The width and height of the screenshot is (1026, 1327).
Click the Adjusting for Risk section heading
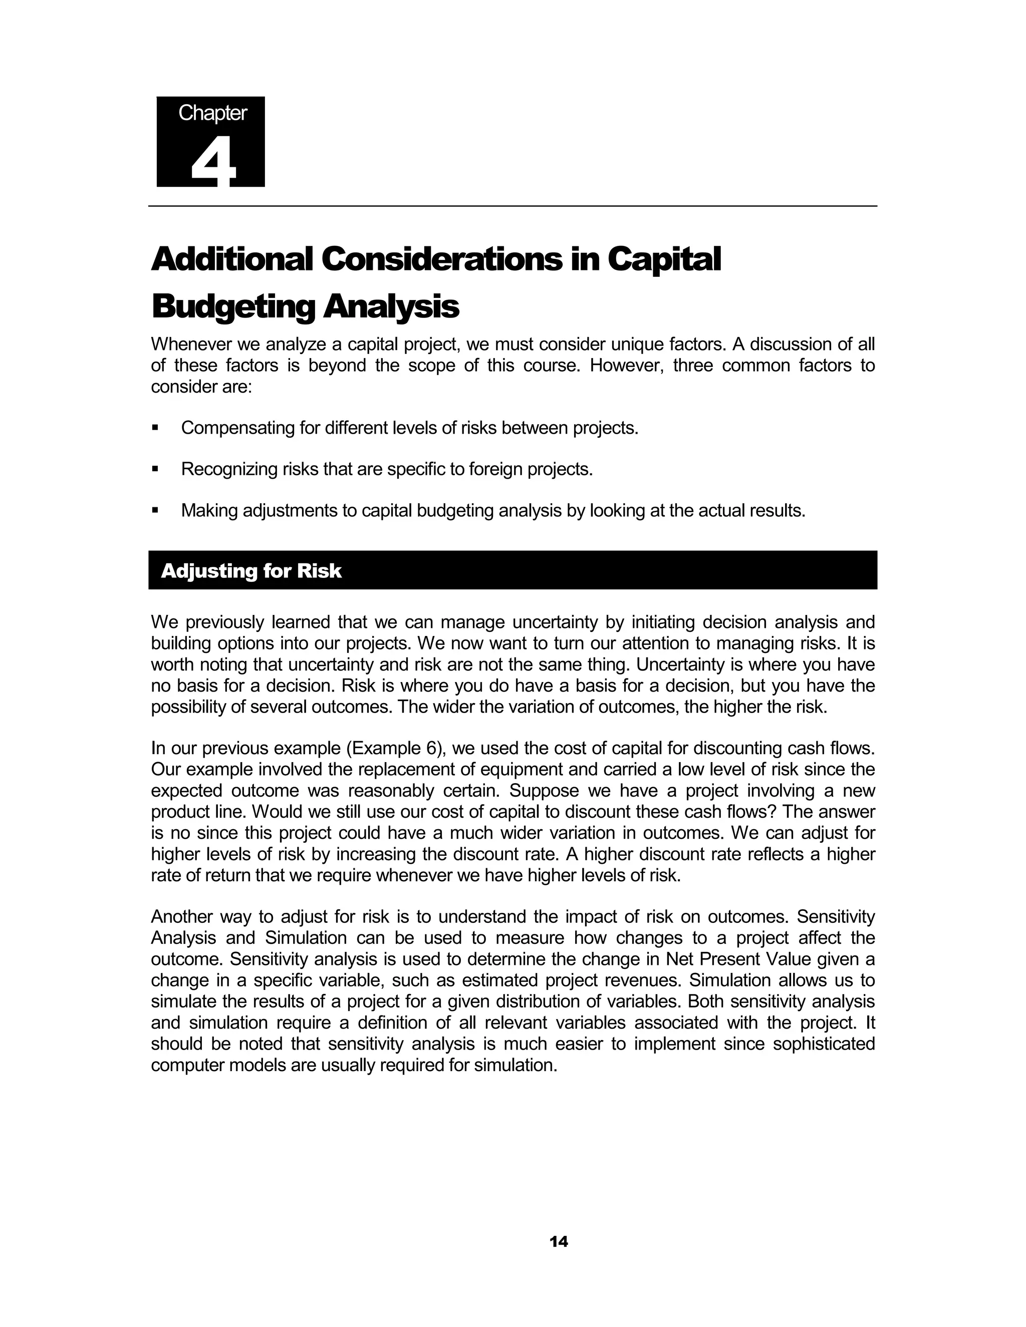pos(251,571)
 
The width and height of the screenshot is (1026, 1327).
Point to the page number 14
pos(558,1241)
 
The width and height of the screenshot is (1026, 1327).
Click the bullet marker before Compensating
pos(156,428)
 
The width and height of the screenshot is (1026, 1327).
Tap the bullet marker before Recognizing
pos(156,470)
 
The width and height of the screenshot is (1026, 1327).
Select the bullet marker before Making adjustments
pos(156,511)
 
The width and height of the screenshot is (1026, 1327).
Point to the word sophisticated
pos(823,1044)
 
